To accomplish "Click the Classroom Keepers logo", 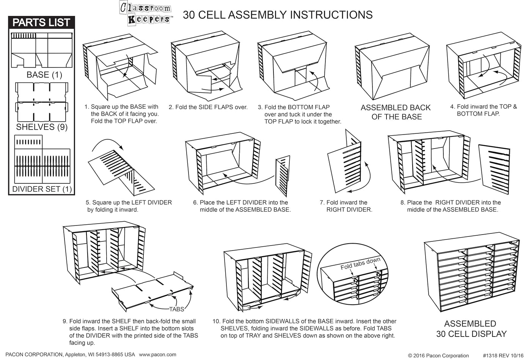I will pos(146,13).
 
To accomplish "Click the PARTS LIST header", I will pos(41,22).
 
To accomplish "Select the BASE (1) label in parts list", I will pos(44,75).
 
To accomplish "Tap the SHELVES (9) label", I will pos(42,127).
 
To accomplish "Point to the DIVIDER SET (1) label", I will pos(42,189).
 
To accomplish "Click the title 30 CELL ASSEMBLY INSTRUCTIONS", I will pos(278,15).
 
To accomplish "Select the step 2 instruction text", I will pos(208,107).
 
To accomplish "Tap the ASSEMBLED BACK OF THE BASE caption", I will pos(396,112).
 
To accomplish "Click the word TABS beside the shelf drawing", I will pos(176,309).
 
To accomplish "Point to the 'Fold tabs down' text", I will pos(360,263).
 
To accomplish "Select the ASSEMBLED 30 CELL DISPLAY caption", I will pos(471,329).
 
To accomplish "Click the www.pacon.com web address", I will pos(157,355).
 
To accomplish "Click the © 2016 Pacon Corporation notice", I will pos(438,355).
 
